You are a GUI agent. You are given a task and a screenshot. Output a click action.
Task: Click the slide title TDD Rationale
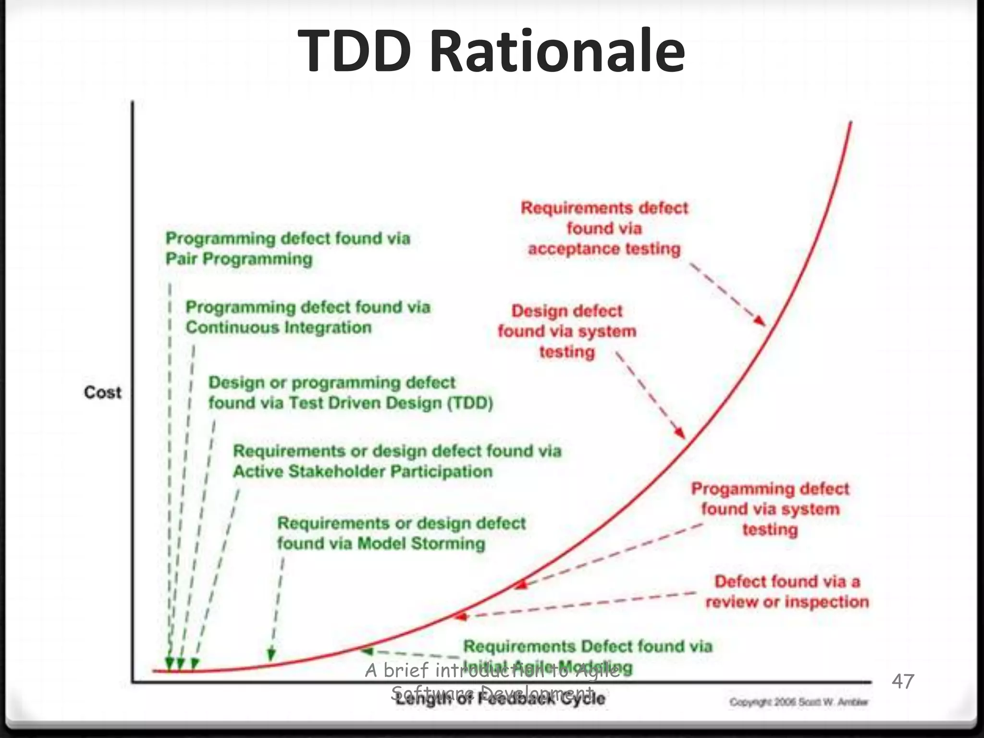(491, 51)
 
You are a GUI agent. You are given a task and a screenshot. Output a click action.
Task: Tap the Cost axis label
(103, 393)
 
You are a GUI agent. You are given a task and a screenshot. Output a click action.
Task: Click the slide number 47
(903, 681)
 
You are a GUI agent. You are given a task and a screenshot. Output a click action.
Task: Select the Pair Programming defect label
(287, 248)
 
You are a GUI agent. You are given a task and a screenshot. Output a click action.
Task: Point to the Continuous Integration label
(307, 317)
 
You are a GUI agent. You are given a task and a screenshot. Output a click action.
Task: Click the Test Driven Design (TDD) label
(351, 393)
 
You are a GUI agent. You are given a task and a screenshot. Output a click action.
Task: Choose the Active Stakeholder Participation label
(397, 461)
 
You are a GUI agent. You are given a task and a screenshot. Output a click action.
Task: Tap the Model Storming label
(401, 533)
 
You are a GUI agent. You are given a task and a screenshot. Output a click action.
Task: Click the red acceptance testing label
(604, 228)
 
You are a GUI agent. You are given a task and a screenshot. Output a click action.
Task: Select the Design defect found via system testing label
(567, 331)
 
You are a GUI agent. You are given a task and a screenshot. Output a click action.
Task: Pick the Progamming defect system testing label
(770, 509)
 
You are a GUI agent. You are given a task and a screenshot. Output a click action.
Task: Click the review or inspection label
(787, 591)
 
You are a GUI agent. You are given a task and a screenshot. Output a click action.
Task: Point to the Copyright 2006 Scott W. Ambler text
(799, 702)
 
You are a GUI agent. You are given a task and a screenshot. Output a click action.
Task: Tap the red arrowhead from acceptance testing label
(759, 321)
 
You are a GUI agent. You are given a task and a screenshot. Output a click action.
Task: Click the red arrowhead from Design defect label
(680, 432)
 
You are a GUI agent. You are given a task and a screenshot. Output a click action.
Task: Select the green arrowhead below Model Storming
(271, 654)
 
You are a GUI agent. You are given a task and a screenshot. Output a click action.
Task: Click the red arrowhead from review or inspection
(460, 615)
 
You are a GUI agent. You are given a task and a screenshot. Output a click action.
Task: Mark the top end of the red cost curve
(851, 123)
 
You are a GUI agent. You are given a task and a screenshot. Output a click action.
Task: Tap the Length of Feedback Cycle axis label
(500, 698)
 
